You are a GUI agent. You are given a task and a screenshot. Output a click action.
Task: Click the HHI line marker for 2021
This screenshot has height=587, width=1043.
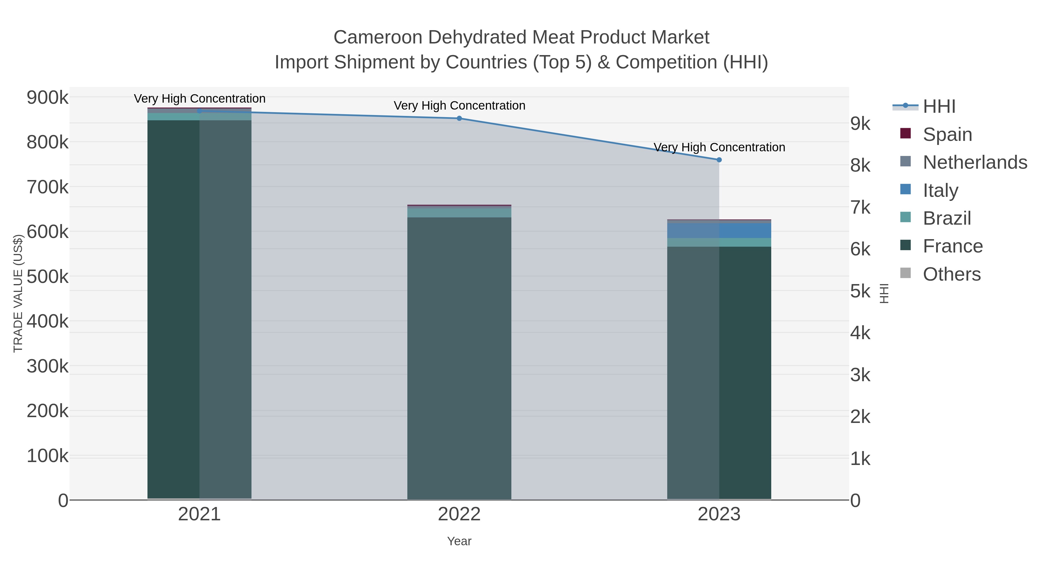coord(199,111)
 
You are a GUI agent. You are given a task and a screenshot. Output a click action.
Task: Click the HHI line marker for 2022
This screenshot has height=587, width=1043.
coord(459,118)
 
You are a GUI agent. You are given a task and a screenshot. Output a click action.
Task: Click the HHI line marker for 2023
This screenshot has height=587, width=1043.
coord(719,160)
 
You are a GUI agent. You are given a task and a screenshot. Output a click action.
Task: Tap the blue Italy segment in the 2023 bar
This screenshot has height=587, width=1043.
coord(719,230)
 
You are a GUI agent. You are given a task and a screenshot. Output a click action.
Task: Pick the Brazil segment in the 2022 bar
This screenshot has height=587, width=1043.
coord(459,212)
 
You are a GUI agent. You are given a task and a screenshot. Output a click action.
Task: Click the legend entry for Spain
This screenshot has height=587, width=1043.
coord(947,134)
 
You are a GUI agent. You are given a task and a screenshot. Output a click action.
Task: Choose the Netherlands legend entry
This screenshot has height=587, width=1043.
coord(975,162)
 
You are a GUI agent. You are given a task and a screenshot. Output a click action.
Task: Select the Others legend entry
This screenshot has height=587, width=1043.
coord(951,274)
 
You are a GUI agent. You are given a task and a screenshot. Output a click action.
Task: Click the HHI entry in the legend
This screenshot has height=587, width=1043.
coord(939,107)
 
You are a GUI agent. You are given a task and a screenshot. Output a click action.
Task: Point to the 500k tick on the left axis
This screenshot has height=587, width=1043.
coord(48,277)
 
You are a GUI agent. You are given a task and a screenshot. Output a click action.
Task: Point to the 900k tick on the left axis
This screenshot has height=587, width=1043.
coord(48,98)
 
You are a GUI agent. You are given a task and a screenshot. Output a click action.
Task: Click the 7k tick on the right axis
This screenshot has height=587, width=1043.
coord(860,208)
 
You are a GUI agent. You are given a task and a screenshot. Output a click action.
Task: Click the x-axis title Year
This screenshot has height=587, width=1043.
coord(459,541)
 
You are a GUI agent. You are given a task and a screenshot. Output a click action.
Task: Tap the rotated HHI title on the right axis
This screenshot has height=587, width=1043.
coord(884,293)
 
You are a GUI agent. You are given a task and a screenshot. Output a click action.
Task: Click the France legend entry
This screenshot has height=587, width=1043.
coord(952,246)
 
